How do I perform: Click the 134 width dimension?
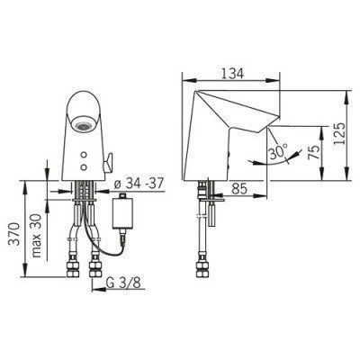click(232, 74)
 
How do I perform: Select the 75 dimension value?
click(314, 153)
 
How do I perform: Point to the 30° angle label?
click(278, 152)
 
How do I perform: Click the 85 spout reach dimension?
click(239, 188)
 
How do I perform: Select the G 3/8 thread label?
click(123, 283)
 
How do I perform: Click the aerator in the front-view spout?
click(83, 126)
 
